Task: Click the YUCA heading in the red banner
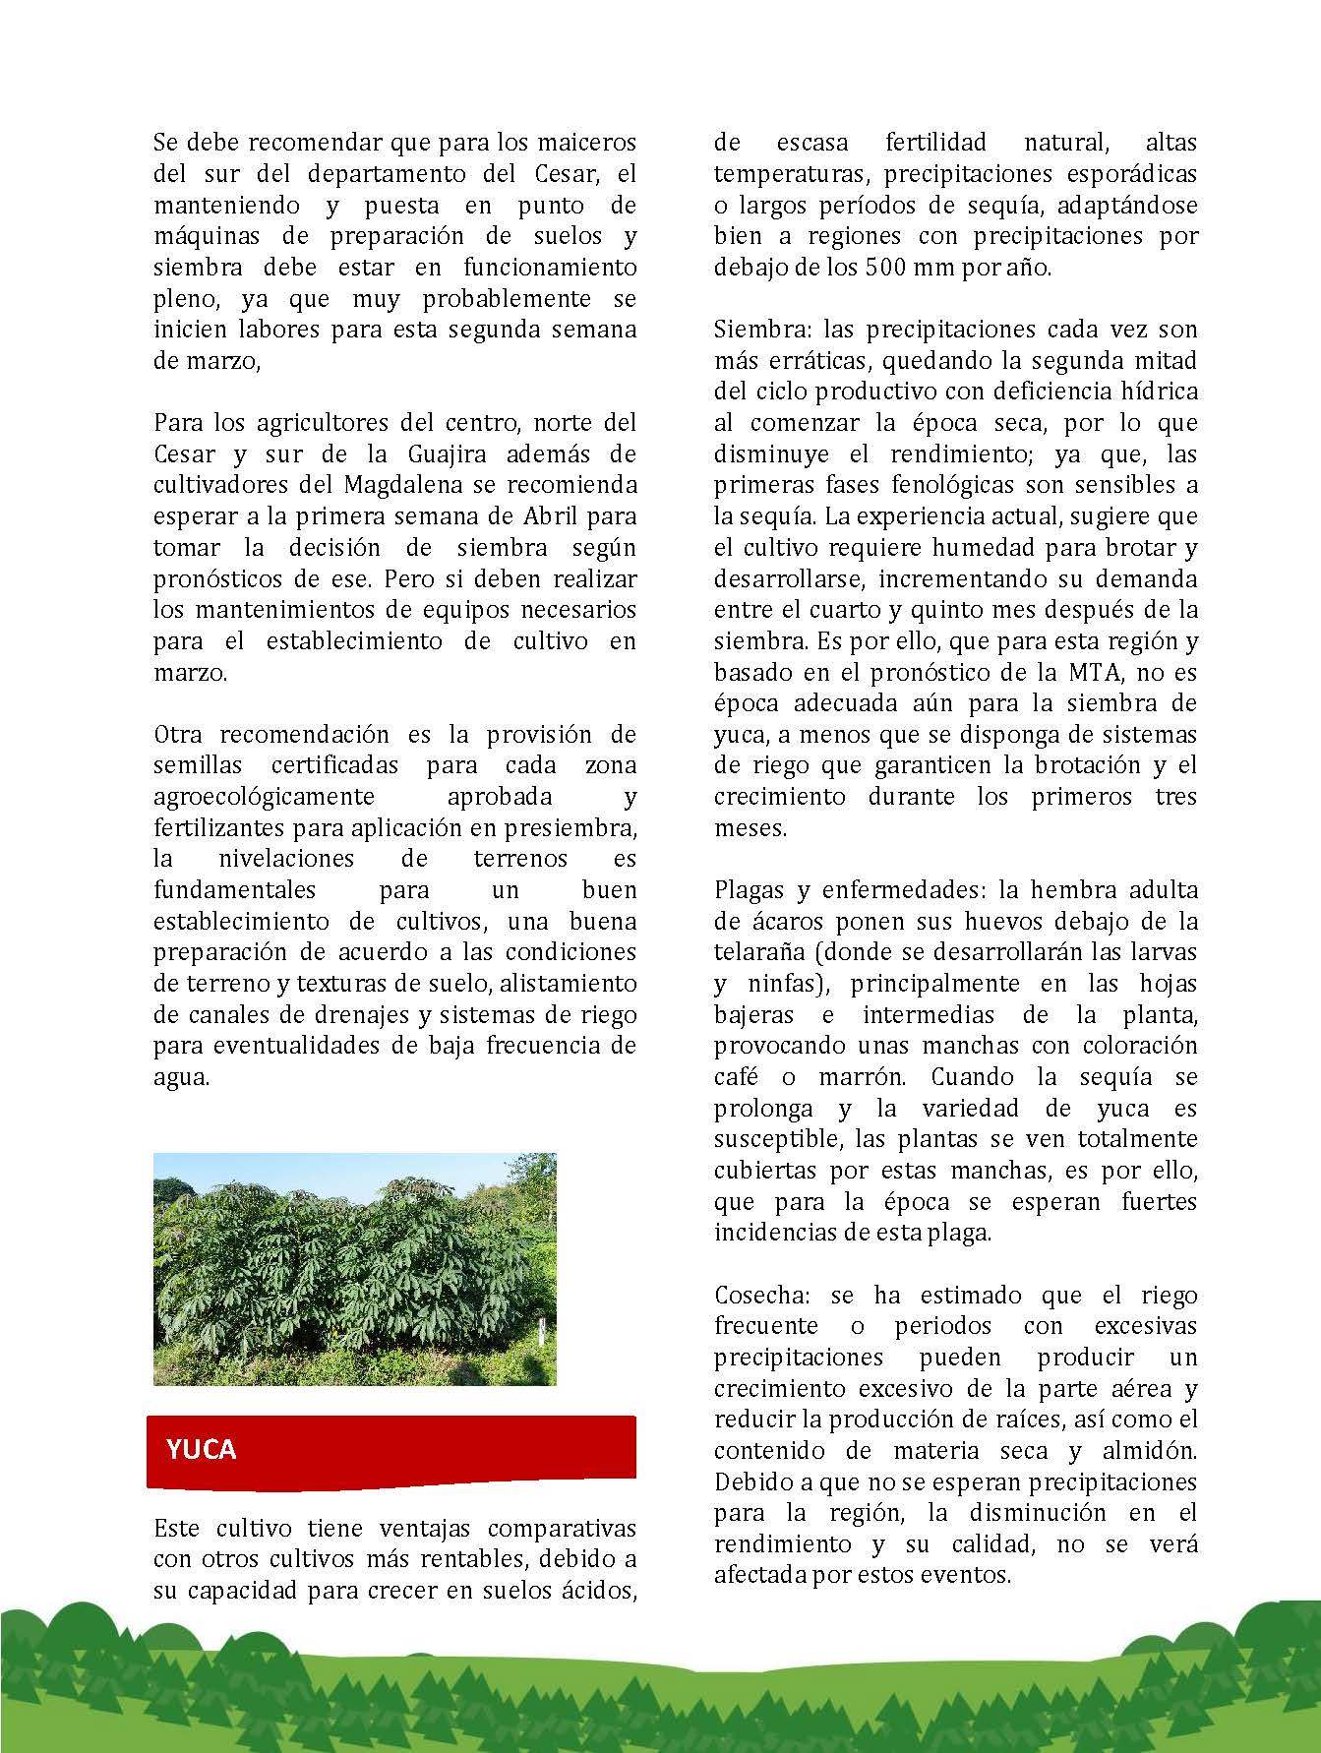(x=202, y=1449)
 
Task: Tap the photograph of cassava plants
(x=354, y=1269)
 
